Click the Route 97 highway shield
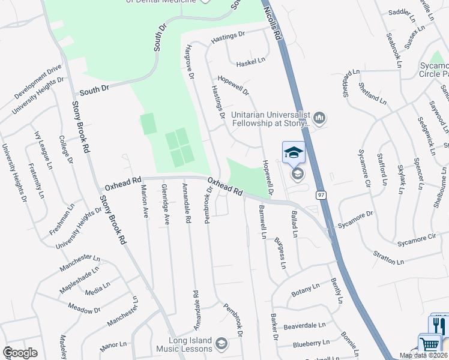(x=322, y=194)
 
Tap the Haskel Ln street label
(x=250, y=62)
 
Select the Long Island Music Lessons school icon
(x=221, y=343)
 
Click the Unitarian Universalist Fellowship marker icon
(x=319, y=118)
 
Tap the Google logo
(x=20, y=352)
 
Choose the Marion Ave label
(x=145, y=204)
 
